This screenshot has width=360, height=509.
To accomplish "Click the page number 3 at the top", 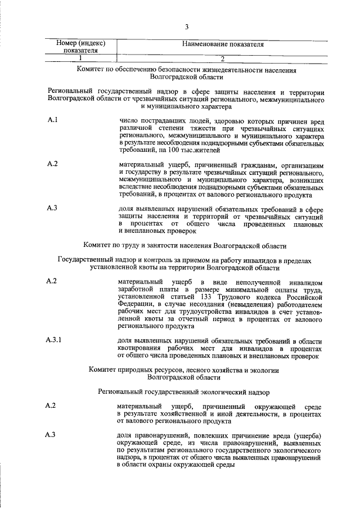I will [186, 27].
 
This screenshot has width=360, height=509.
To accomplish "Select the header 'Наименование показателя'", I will [223, 44].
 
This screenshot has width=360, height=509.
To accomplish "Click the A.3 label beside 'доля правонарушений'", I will [51, 435].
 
